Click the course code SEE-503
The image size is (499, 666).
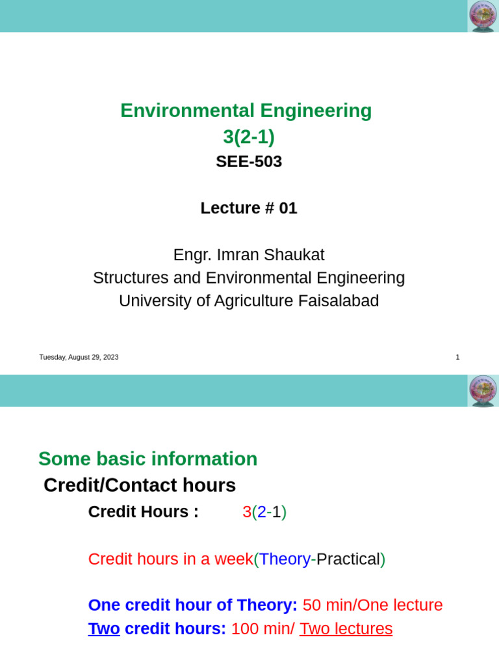249,161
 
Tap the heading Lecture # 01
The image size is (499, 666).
249,208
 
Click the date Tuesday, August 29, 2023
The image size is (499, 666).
79,357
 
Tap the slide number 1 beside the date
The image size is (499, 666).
457,357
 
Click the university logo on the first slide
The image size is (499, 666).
482,16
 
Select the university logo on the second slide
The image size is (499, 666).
482,391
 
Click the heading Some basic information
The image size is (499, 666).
148,459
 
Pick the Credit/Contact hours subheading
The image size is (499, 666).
140,485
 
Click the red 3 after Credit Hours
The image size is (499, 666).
247,512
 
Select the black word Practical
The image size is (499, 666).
348,559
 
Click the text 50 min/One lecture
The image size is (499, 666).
373,606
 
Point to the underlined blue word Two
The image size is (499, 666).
104,629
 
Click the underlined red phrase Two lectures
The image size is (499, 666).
346,629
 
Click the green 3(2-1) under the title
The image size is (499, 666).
249,137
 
